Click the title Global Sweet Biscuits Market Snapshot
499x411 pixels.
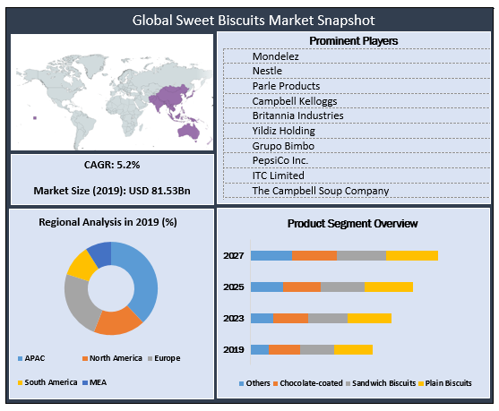[x=249, y=18]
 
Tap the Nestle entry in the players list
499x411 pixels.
[x=270, y=72]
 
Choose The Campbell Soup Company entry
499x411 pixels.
[x=320, y=191]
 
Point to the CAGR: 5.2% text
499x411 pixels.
[x=111, y=167]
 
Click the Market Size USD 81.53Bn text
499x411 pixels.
[x=111, y=191]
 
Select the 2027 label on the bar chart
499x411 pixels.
[x=233, y=255]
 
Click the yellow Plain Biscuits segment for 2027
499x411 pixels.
[x=411, y=255]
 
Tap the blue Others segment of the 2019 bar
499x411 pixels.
[x=259, y=349]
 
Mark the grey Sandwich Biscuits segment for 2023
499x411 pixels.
[x=327, y=318]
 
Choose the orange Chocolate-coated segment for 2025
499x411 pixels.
[x=301, y=287]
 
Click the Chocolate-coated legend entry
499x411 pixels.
[x=308, y=383]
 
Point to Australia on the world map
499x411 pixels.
[x=189, y=130]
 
